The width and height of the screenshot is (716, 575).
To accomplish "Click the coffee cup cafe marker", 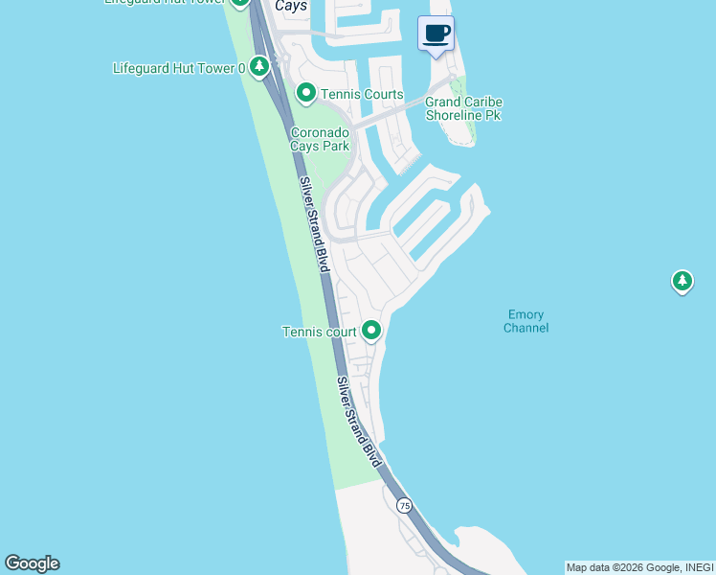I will (x=436, y=34).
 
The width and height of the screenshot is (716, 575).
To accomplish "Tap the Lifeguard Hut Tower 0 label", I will (x=179, y=68).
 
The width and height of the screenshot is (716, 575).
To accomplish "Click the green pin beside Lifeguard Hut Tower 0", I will (x=258, y=66).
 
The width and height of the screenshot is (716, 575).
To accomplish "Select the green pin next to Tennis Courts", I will (x=305, y=93).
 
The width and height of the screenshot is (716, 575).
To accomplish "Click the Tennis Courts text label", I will (x=362, y=95).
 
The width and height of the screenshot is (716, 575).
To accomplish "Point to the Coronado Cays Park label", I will (x=320, y=139).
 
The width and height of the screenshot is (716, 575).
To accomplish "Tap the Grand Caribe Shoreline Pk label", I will (x=463, y=108).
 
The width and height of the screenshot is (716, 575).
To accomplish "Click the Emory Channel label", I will (x=526, y=321).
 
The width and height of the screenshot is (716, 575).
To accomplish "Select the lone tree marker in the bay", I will (x=682, y=282).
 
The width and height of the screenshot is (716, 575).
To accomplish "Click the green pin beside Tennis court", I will (x=370, y=331).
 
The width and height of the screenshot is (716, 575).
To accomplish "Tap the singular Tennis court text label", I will (x=320, y=333).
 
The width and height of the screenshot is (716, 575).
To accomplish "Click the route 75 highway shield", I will (x=404, y=505).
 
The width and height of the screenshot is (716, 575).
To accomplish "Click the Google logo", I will (x=32, y=563).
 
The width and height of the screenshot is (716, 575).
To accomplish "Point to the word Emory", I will (x=526, y=314).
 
